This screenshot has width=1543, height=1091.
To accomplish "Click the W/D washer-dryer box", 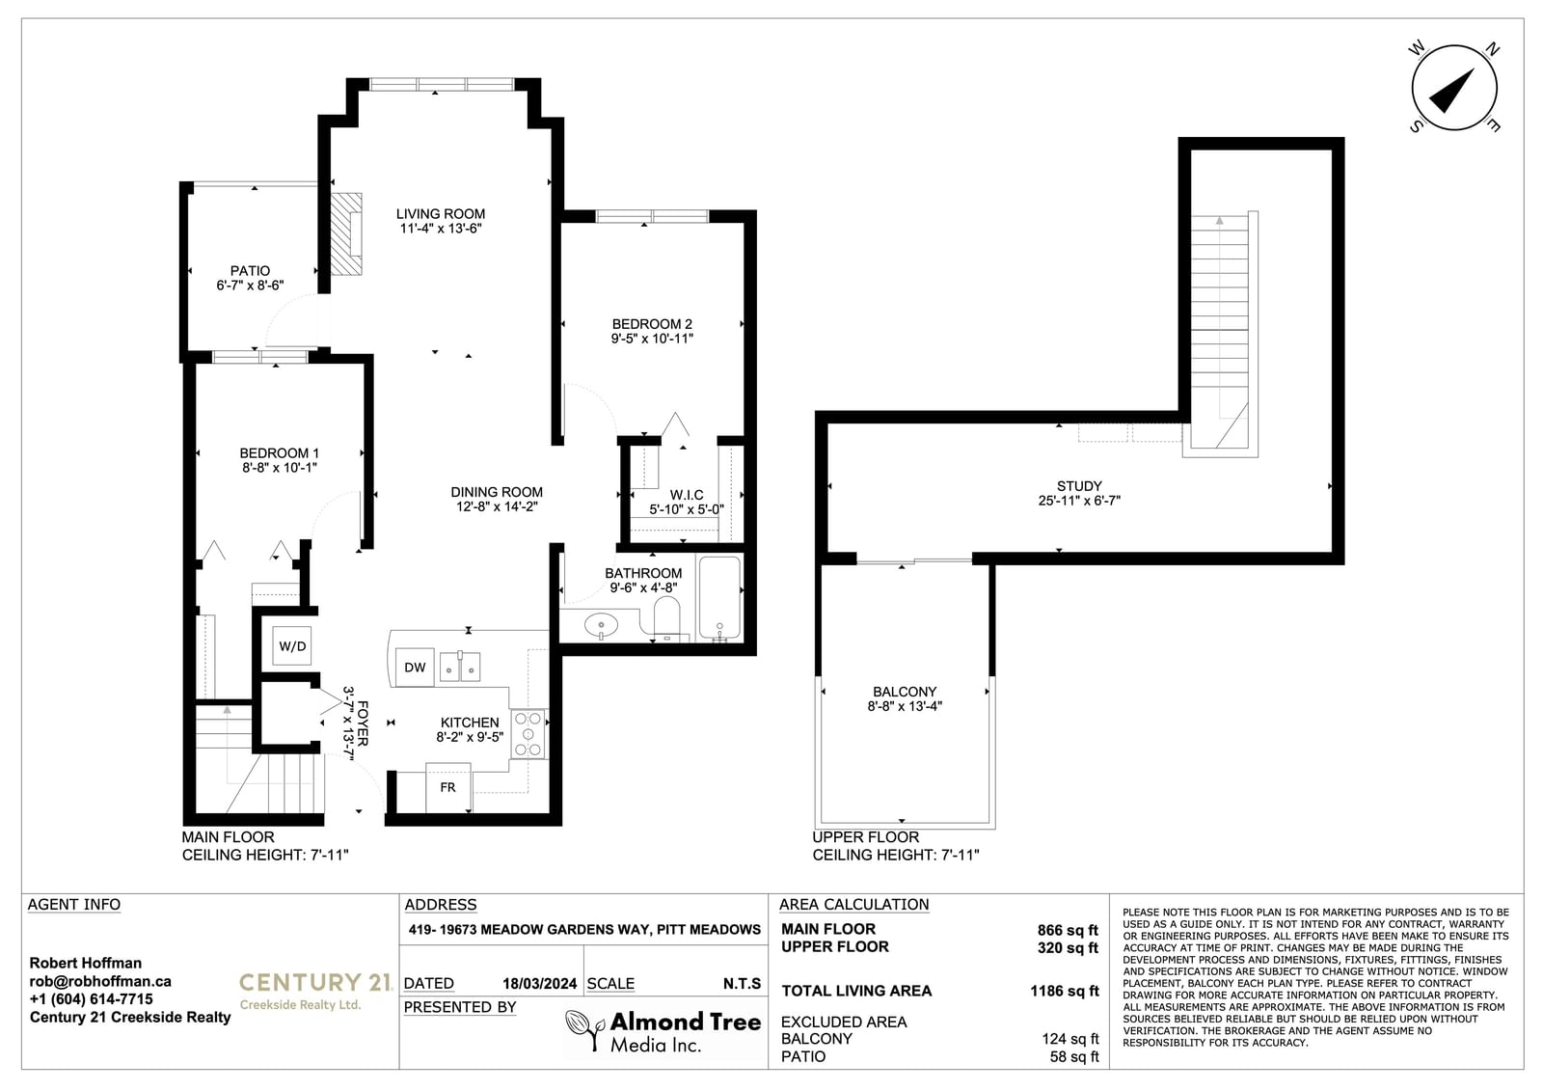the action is [292, 645].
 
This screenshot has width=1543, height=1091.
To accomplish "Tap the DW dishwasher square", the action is [415, 668].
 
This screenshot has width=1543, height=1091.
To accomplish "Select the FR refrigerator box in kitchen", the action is [448, 787].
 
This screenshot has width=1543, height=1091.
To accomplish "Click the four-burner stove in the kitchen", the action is [528, 734].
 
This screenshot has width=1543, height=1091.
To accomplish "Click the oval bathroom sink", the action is [602, 626].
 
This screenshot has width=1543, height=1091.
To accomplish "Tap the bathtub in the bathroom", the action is [719, 598].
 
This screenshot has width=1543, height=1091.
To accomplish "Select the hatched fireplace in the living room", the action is [346, 234].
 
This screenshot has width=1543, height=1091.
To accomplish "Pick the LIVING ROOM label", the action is [440, 213].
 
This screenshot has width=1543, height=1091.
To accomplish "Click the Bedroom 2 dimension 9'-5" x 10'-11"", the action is [652, 339].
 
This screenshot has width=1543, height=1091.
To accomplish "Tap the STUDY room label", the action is [1079, 486].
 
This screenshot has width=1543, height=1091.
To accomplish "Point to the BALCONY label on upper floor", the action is [905, 692].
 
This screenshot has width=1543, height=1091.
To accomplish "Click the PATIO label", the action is [250, 271].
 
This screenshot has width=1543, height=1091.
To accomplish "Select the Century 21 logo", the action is [315, 991].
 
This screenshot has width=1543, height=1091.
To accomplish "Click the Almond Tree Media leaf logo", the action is [584, 1029].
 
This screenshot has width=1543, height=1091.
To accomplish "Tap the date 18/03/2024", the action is [539, 984].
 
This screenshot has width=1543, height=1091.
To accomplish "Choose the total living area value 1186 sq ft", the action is [1065, 991].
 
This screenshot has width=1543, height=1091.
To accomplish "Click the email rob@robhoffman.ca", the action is [100, 981].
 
